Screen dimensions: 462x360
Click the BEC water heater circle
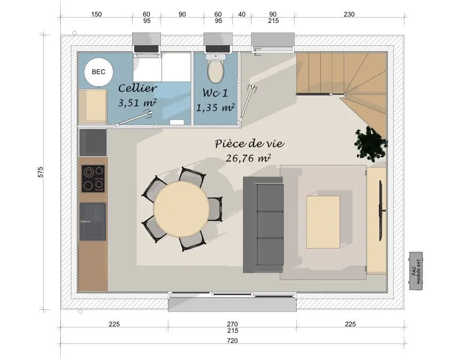(x=99, y=72)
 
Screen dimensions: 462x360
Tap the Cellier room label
(x=137, y=88)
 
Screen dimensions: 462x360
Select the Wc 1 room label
(x=215, y=93)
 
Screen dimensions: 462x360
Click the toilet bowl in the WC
(x=216, y=71)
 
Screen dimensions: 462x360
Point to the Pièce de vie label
(x=249, y=143)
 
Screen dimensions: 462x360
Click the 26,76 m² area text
(x=248, y=158)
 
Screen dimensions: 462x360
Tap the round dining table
(x=182, y=209)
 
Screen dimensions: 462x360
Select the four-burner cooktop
(x=93, y=179)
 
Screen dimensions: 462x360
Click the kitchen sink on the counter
(x=93, y=221)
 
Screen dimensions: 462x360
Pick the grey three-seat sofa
(x=263, y=225)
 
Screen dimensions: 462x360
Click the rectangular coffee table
(x=323, y=222)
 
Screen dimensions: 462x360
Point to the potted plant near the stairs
(x=371, y=143)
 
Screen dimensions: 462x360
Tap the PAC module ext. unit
(x=416, y=270)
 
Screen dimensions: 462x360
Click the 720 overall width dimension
(x=232, y=341)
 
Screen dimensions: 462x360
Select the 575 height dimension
(x=40, y=172)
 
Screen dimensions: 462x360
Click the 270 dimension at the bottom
(x=232, y=324)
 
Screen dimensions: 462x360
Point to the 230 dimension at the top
(x=349, y=14)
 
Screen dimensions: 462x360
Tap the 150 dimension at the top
(x=96, y=14)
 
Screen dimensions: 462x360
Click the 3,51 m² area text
(x=137, y=102)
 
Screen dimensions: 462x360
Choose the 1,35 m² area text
(x=215, y=108)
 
